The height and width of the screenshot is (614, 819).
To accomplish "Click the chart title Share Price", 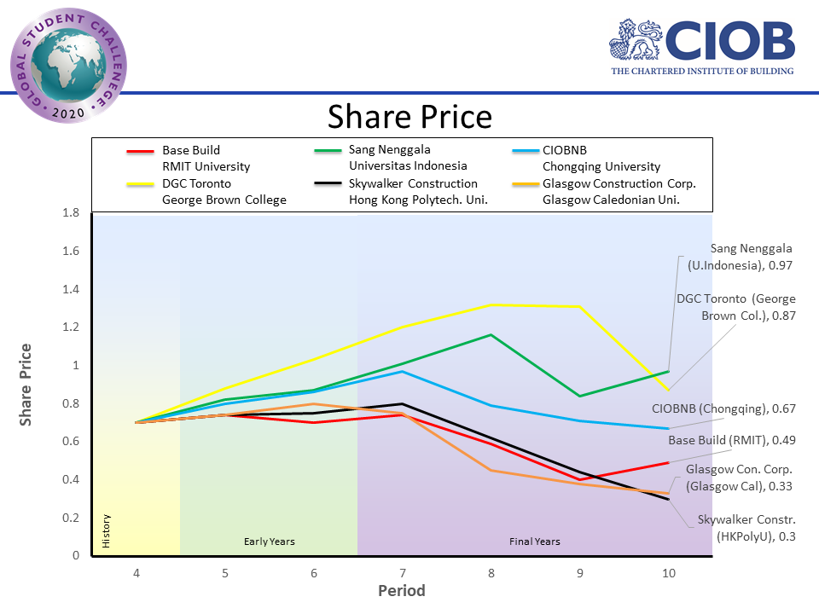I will (409, 116).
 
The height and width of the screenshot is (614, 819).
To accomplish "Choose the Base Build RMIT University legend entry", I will (200, 158).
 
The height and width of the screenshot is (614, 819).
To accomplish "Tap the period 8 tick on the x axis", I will (491, 573).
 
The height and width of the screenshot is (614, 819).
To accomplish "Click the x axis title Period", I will (401, 591).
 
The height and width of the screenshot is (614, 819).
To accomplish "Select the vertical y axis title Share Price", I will (26, 384).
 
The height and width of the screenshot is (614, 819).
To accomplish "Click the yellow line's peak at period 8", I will (491, 304).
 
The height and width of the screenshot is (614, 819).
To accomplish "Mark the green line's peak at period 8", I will (491, 335).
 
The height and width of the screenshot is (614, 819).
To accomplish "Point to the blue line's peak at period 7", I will (402, 371).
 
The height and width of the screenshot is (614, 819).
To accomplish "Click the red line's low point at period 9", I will (579, 479).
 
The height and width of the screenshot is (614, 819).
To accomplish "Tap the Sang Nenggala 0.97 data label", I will (741, 257).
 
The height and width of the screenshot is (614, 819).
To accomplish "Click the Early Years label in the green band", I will (270, 541).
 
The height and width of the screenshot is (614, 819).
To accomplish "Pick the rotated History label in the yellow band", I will (107, 531).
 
